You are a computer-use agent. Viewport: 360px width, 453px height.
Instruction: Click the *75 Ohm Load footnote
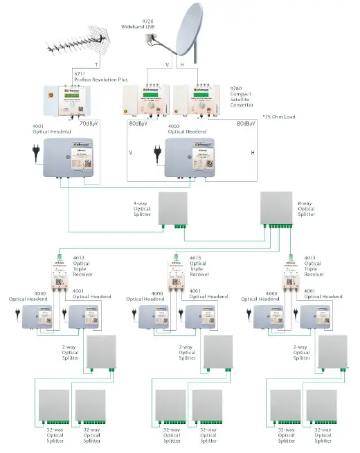pyautogui.click(x=279, y=116)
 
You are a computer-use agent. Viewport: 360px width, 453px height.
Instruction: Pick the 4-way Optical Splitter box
pyautogui.click(x=173, y=208)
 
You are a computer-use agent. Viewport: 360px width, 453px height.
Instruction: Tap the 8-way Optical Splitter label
pyautogui.click(x=306, y=209)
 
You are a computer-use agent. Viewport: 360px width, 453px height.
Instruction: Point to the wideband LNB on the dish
pyautogui.click(x=152, y=41)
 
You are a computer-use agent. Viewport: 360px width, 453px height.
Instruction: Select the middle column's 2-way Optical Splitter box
pyautogui.click(x=217, y=353)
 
